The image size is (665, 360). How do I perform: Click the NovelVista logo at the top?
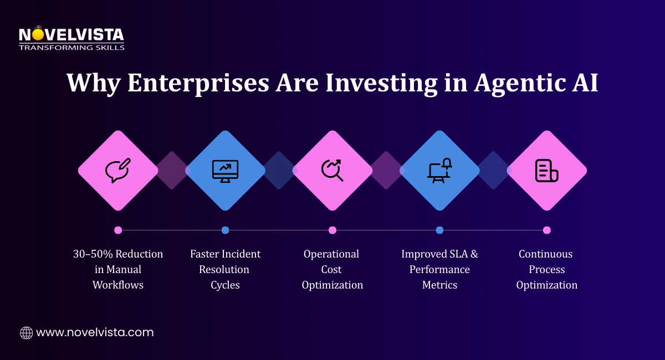pos(71,38)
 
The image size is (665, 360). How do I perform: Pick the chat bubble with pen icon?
pos(118,170)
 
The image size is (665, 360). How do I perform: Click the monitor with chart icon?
pos(225,171)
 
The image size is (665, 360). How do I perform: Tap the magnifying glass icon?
pos(332,170)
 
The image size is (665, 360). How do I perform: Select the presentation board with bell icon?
pos(439,170)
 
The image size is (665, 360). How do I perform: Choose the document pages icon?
pos(546,171)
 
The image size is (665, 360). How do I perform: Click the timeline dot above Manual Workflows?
pos(118,230)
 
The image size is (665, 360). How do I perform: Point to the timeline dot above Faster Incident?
pos(225,230)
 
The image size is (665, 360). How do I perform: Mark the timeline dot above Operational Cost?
pos(332,230)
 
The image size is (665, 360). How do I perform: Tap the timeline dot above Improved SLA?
pos(439,230)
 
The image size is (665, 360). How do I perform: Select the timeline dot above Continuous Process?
pos(547,230)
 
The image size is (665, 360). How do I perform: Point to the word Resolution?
pos(225,270)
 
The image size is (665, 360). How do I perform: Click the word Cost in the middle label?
pos(332,270)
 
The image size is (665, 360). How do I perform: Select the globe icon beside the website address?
pos(26,333)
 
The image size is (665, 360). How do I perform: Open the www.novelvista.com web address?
pos(95,333)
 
